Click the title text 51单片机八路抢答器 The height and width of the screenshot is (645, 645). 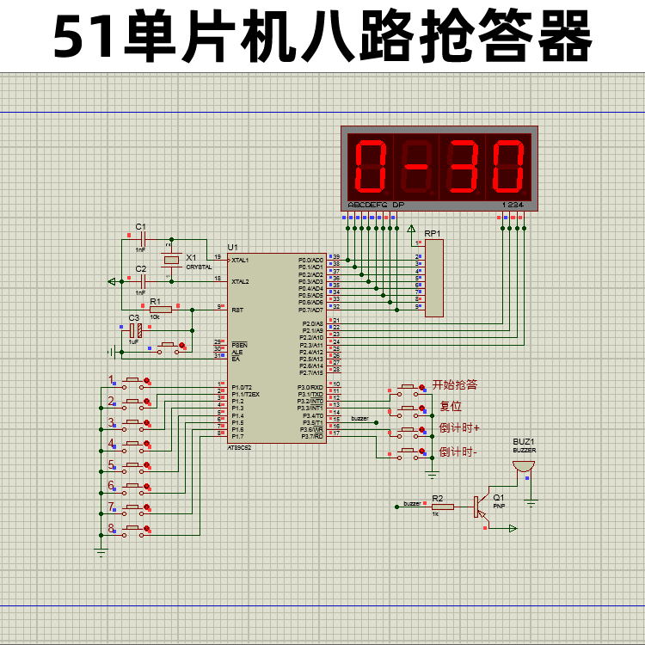(x=322, y=36)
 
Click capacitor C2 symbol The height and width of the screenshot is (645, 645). (x=142, y=280)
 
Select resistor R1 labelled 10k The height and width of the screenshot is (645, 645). (x=160, y=309)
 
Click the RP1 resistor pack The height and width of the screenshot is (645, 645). (x=434, y=278)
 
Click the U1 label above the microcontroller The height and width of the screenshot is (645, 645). (x=232, y=247)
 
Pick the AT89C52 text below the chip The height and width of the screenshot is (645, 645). (x=240, y=447)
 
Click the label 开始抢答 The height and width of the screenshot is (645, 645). (x=454, y=384)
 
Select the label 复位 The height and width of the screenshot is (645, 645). (x=450, y=406)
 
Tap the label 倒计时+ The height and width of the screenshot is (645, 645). (x=459, y=427)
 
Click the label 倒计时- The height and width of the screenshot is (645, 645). (x=458, y=451)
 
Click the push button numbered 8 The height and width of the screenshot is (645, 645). (x=134, y=529)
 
